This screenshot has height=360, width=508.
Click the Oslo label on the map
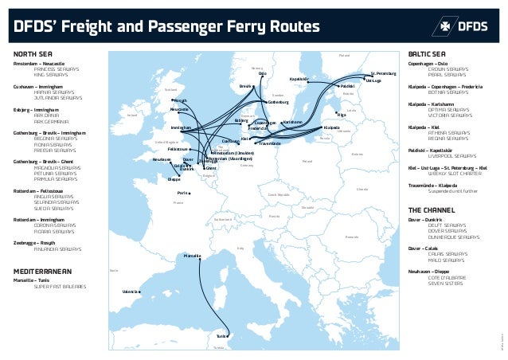click(x=263, y=73)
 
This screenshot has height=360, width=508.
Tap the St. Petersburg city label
click(x=384, y=74)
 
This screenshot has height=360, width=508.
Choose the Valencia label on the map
click(x=131, y=292)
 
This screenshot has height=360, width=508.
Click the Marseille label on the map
click(x=193, y=256)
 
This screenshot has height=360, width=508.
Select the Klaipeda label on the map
click(x=332, y=127)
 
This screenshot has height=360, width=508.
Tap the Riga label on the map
click(x=342, y=115)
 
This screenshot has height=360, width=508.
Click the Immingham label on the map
click(x=182, y=127)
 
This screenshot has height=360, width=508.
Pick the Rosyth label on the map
click(x=181, y=100)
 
